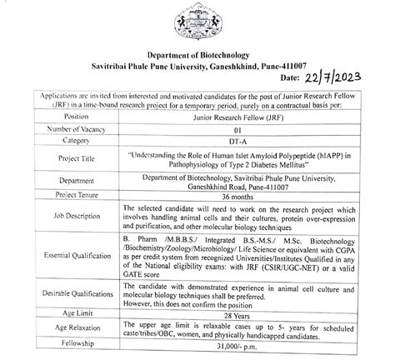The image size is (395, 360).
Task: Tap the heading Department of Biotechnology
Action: (198, 52)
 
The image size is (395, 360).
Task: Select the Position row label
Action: (63, 117)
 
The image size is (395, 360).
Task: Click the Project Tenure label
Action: (63, 195)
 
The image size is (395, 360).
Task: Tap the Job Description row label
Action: (63, 219)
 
